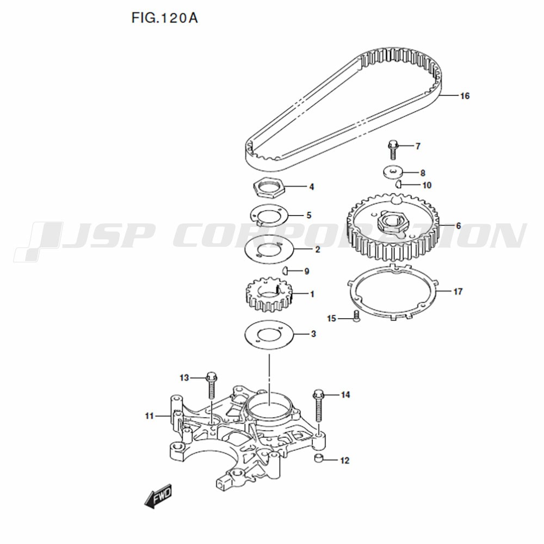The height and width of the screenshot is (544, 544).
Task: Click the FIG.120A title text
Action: (x=164, y=18)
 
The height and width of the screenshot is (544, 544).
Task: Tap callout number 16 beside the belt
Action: (x=465, y=96)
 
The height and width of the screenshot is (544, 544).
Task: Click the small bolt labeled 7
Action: (x=393, y=150)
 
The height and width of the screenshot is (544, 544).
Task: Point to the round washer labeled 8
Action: (x=392, y=172)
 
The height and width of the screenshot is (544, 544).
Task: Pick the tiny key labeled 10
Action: (x=399, y=183)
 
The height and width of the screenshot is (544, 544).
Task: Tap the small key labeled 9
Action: (x=285, y=270)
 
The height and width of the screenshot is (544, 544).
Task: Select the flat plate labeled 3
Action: (x=269, y=335)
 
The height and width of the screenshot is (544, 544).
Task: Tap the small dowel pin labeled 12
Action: (x=318, y=458)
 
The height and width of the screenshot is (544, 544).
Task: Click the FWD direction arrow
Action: (x=158, y=496)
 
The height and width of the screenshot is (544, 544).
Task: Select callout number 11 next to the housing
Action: (x=149, y=416)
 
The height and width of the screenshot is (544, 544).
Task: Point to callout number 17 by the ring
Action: (x=458, y=292)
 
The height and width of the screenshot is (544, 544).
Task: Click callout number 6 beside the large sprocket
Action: (x=458, y=226)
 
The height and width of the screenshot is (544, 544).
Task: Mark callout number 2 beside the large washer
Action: (x=318, y=250)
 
